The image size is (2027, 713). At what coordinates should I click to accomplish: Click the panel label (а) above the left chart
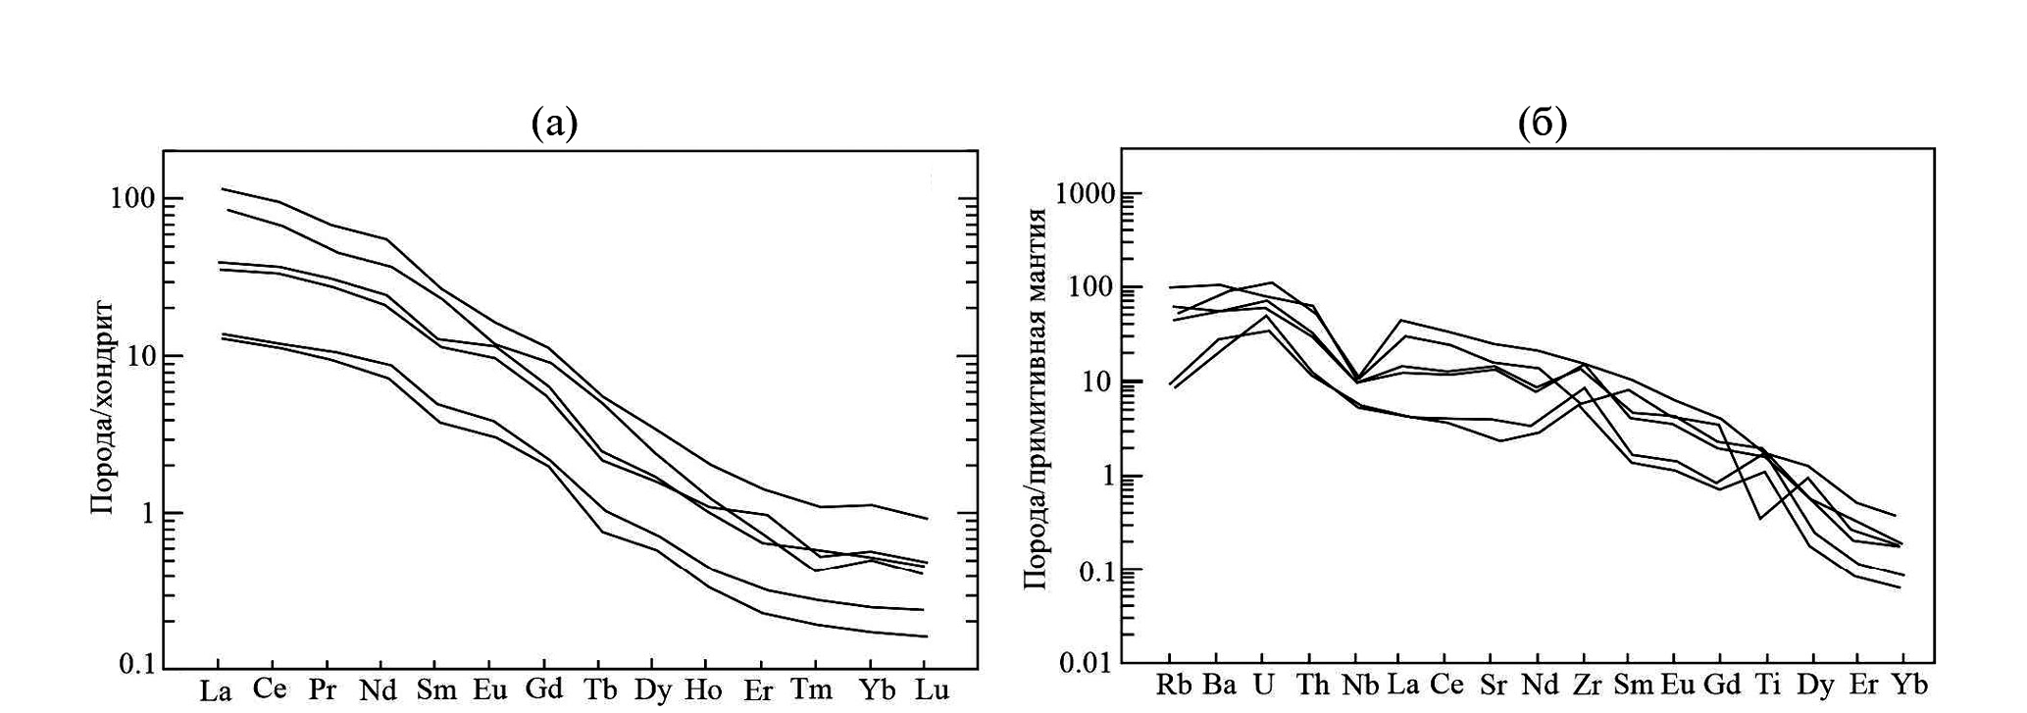(x=554, y=124)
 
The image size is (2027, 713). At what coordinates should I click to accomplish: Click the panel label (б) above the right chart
(x=1543, y=124)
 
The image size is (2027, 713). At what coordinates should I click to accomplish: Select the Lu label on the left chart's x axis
(x=932, y=689)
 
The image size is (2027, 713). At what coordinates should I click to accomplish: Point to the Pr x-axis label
(x=323, y=689)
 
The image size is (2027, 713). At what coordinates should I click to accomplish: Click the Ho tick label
(x=703, y=689)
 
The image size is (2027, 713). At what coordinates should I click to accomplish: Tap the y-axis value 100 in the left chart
(x=130, y=199)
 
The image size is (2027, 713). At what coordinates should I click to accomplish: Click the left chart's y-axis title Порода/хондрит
(x=103, y=408)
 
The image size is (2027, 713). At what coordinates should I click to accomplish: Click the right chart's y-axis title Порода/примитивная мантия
(x=1036, y=398)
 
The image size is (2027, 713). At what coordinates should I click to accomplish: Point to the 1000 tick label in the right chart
(x=1086, y=194)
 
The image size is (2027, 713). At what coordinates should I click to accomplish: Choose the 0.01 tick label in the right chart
(x=1086, y=664)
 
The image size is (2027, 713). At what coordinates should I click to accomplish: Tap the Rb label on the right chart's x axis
(x=1174, y=685)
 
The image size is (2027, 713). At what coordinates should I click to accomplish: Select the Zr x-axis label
(x=1586, y=685)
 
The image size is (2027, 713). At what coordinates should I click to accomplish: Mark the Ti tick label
(x=1767, y=685)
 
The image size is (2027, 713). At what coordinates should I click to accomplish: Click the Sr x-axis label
(x=1493, y=685)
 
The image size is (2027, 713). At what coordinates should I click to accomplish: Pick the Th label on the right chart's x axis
(x=1312, y=685)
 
